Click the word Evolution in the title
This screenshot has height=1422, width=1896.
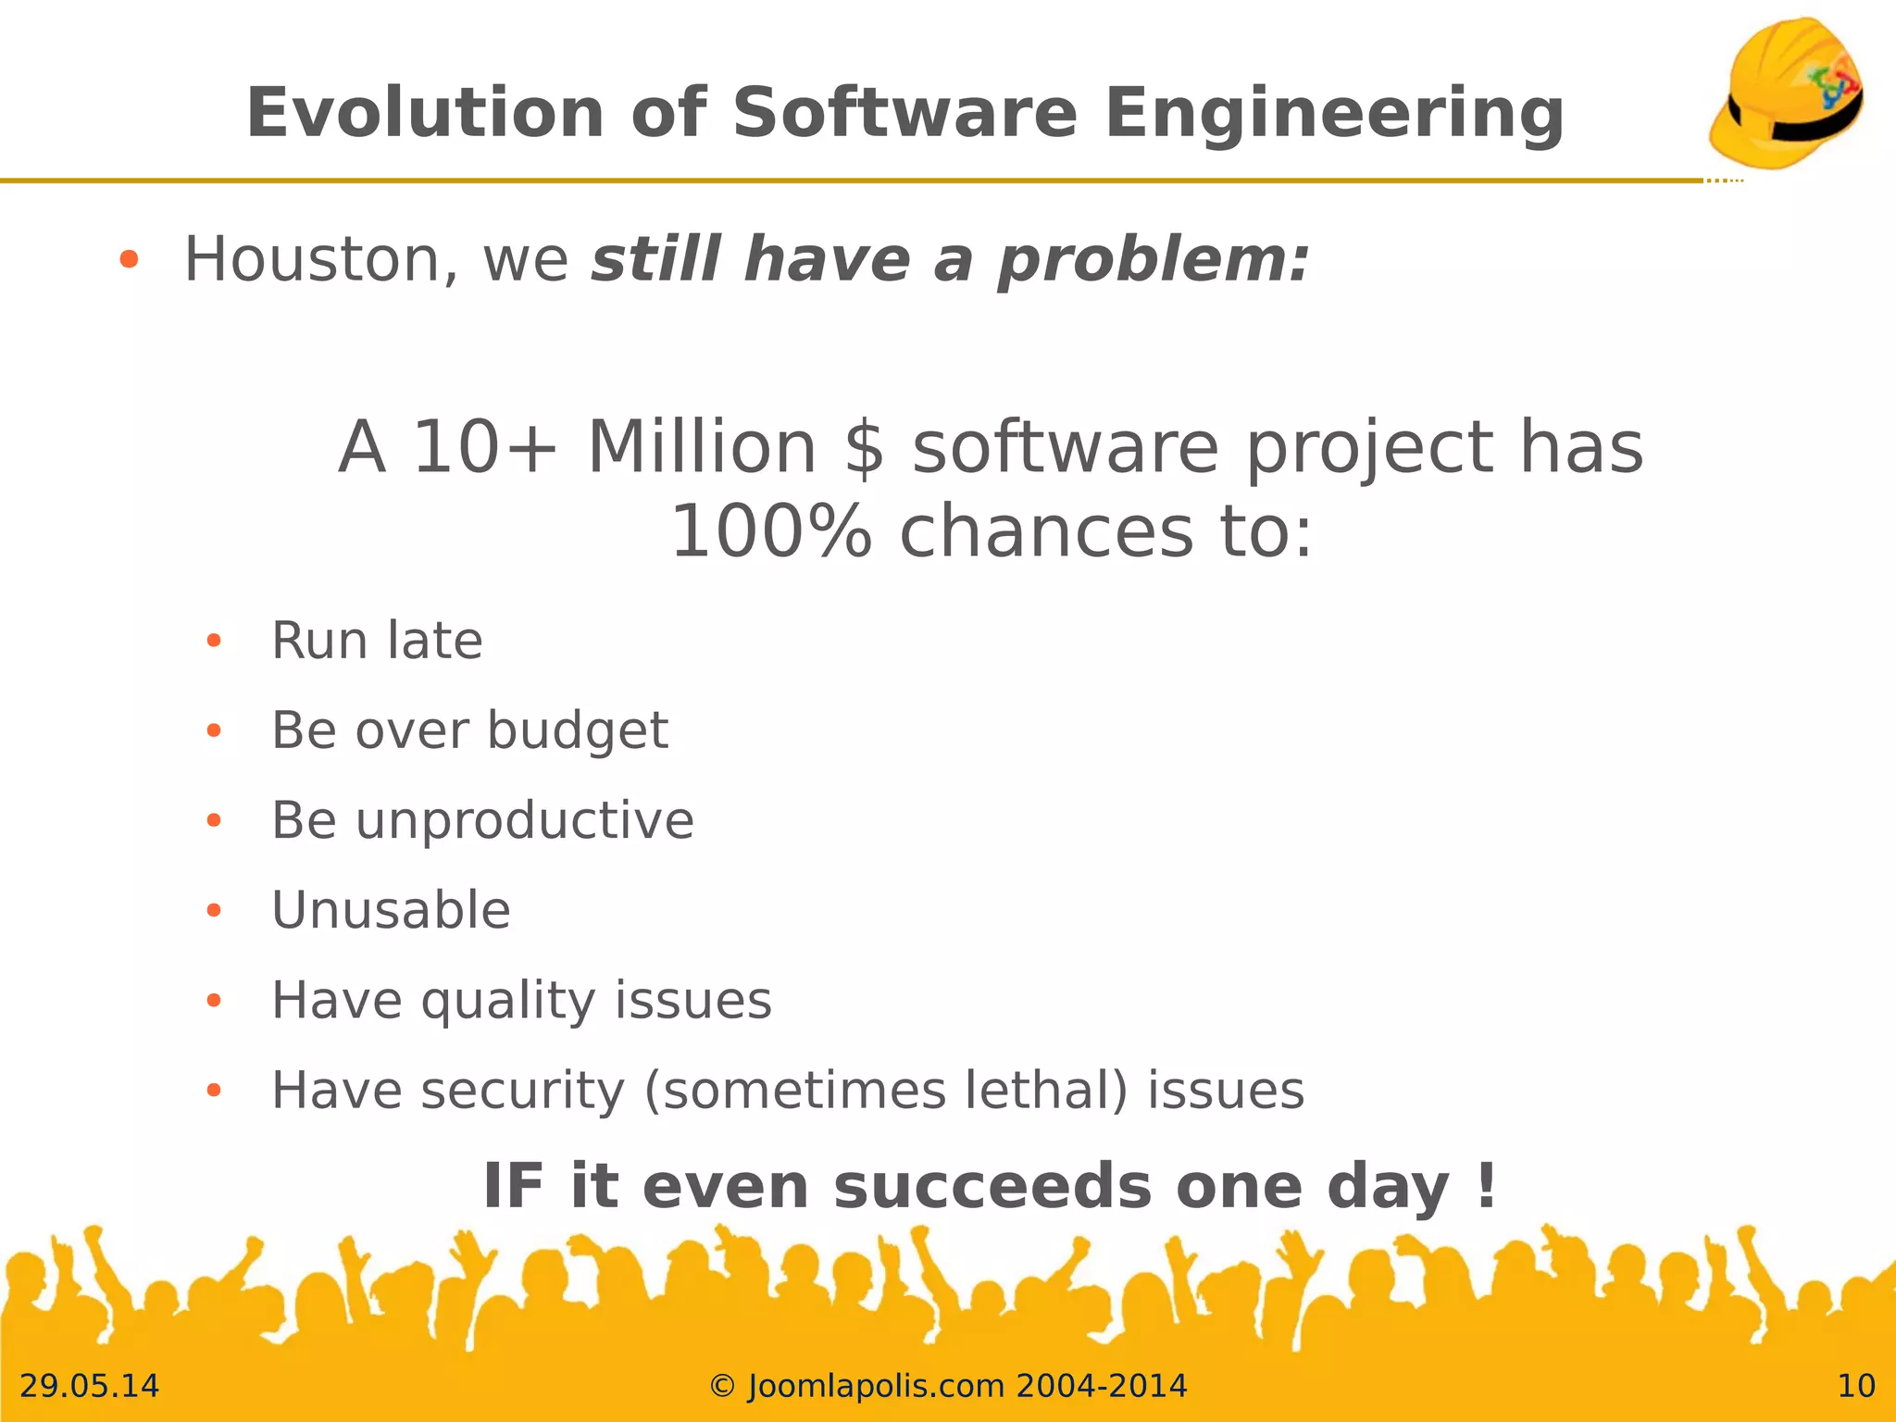[x=425, y=113]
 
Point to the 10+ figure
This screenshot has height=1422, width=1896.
[x=484, y=448]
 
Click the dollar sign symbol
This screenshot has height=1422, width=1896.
[x=864, y=448]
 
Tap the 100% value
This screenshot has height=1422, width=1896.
[x=770, y=533]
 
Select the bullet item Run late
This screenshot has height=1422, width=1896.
[x=377, y=641]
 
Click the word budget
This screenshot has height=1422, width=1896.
[x=577, y=731]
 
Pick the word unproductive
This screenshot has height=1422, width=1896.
[x=524, y=820]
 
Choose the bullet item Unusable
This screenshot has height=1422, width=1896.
[x=391, y=910]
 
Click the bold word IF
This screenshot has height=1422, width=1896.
[x=513, y=1187]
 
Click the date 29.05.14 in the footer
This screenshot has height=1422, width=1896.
[x=89, y=1386]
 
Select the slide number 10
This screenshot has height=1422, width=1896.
[x=1855, y=1386]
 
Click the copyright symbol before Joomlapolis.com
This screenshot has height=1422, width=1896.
[x=722, y=1386]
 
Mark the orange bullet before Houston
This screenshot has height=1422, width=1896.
[x=129, y=260]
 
